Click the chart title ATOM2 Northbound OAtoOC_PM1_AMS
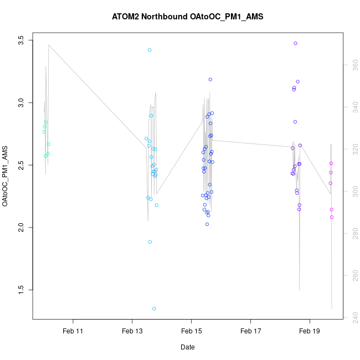click(187, 17)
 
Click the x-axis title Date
click(187, 347)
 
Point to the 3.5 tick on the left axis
click(21, 41)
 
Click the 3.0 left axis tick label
click(21, 103)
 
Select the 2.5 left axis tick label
click(21, 165)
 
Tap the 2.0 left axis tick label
click(21, 227)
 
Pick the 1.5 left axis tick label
click(21, 289)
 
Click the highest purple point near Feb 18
click(296, 43)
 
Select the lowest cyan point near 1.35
click(154, 308)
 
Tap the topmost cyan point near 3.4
click(150, 50)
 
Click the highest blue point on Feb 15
click(210, 79)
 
